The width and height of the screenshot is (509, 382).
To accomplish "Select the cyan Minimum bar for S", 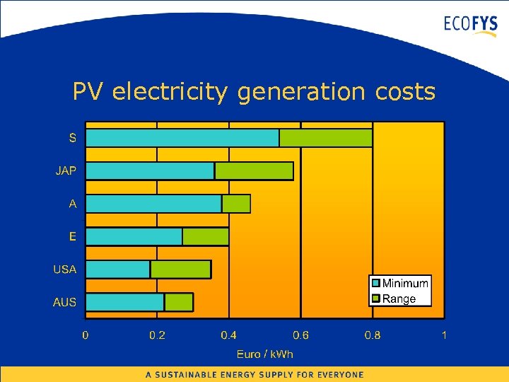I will tap(182, 138).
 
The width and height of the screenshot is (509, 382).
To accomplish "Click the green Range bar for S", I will tap(326, 138).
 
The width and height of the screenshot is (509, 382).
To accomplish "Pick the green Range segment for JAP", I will tap(254, 170).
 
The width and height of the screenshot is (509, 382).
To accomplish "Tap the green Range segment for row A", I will tap(236, 204).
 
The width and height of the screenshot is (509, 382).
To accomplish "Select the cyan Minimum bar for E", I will tap(134, 236).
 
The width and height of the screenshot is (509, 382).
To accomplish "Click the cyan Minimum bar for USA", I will tap(118, 270).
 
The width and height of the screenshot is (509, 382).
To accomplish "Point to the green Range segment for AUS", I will tap(179, 302).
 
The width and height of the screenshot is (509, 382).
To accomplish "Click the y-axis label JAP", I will tap(67, 170).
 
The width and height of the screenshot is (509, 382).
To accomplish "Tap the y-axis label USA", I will tap(65, 270).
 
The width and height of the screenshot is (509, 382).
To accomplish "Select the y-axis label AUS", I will tap(65, 302).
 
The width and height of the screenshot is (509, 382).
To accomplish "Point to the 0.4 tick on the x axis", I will tap(228, 335).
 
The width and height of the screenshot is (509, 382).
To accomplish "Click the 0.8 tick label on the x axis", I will tap(372, 335).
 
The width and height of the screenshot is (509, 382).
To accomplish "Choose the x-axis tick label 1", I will tap(444, 335).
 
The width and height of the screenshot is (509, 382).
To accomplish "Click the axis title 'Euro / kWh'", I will tap(264, 354).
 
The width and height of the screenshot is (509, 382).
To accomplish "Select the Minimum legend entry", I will tap(405, 284).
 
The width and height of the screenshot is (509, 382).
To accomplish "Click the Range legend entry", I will tap(399, 299).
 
